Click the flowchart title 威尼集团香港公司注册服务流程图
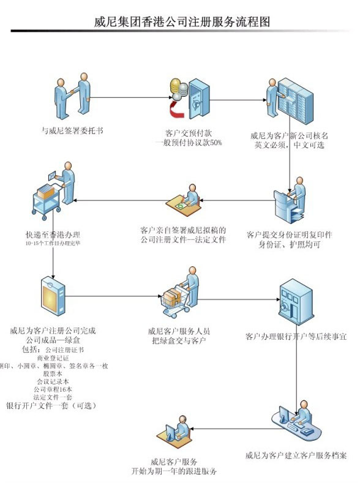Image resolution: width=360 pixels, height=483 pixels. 182,22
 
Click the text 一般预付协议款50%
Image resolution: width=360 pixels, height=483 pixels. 188,142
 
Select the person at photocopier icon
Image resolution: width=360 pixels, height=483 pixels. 290,201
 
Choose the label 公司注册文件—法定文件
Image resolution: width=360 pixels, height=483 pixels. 183,239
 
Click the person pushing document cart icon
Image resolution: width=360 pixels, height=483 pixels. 54,198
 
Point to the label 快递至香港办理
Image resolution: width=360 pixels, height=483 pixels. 53,234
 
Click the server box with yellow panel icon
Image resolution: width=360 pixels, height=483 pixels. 53,298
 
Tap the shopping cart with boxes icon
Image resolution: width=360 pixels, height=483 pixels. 181,296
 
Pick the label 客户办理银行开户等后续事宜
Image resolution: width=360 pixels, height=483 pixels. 296,336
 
